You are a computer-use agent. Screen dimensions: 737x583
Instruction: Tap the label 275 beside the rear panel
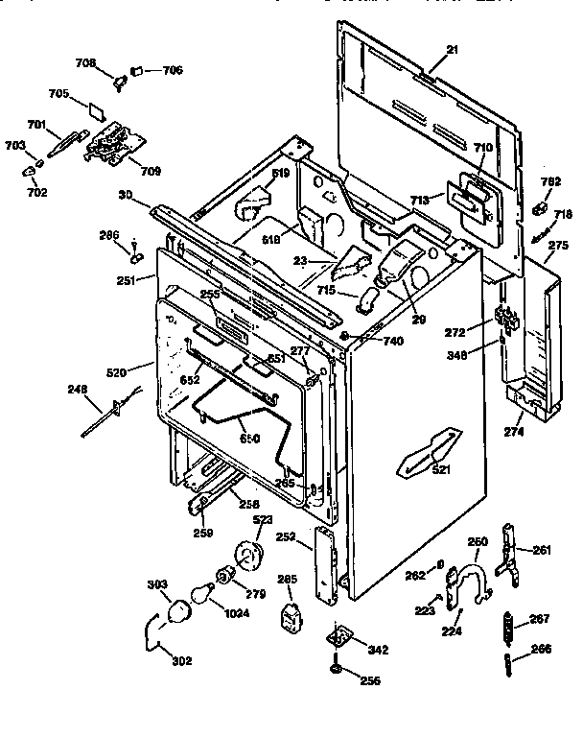558,246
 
